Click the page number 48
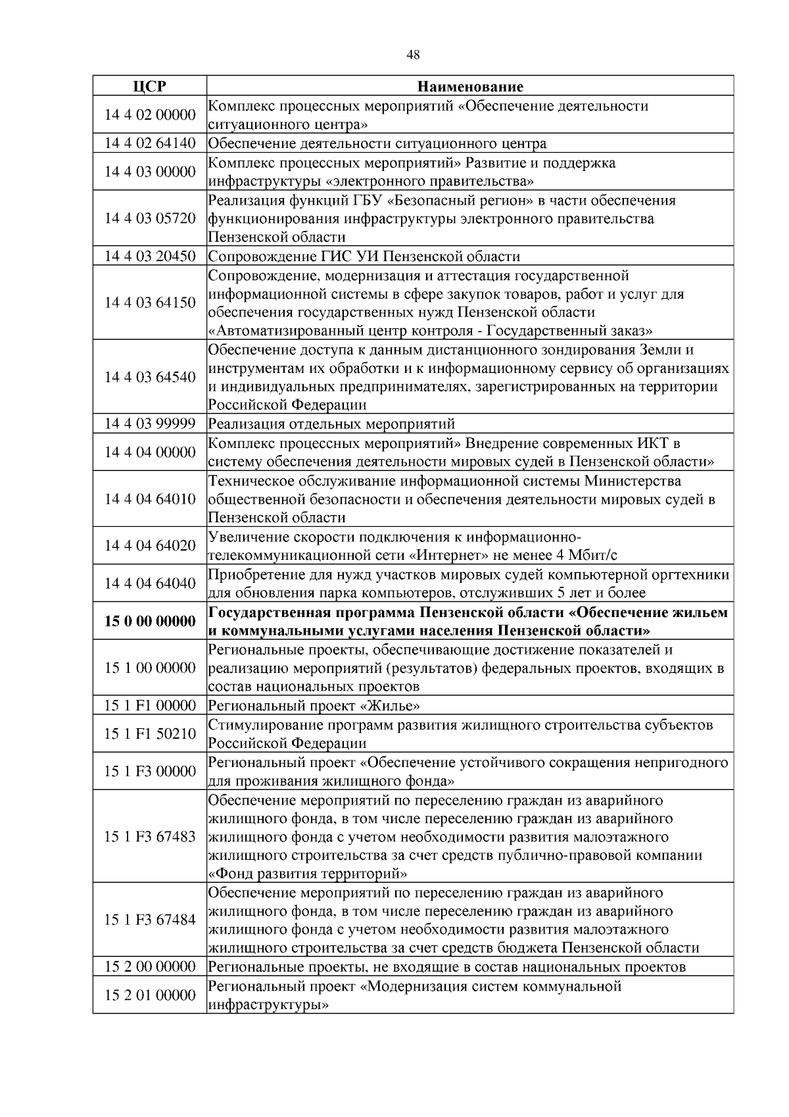pos(413,55)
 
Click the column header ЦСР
pos(149,86)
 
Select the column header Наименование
pos(470,86)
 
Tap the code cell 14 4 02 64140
pos(149,143)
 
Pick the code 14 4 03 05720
pos(149,218)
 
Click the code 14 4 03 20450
pos(149,257)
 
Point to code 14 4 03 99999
pos(149,424)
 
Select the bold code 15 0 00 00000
pos(149,621)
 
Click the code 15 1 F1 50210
pos(149,733)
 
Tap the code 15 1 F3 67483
pos(149,837)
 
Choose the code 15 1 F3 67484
pos(149,920)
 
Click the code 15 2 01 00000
pos(149,995)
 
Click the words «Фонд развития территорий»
pos(307,874)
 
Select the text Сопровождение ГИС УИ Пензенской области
pos(364,257)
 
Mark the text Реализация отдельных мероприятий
pos(331,424)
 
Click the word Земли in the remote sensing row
pos(662,349)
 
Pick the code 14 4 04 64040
pos(149,583)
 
